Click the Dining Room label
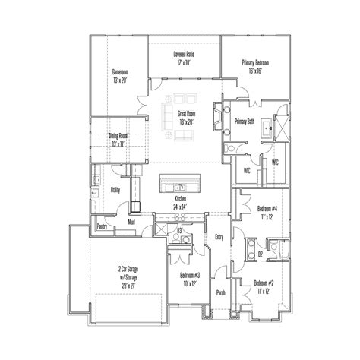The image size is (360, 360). [x=118, y=136]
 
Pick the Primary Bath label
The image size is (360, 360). [x=245, y=122]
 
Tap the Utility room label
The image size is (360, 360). [x=115, y=190]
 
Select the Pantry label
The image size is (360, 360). [x=101, y=226]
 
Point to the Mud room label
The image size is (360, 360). [x=131, y=222]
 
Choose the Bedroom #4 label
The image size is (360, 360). [x=267, y=208]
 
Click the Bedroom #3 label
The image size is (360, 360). [x=190, y=275]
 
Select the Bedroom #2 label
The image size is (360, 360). [x=264, y=283]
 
